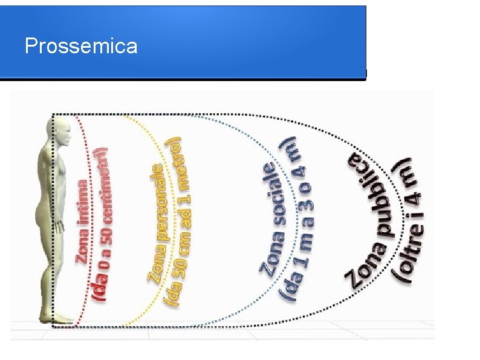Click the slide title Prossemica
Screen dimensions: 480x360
pos(81,46)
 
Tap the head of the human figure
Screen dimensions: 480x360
pos(60,129)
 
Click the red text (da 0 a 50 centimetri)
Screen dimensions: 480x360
pos(101,224)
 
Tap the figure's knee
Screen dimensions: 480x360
pos(57,266)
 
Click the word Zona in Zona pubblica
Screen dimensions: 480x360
pos(357,267)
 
